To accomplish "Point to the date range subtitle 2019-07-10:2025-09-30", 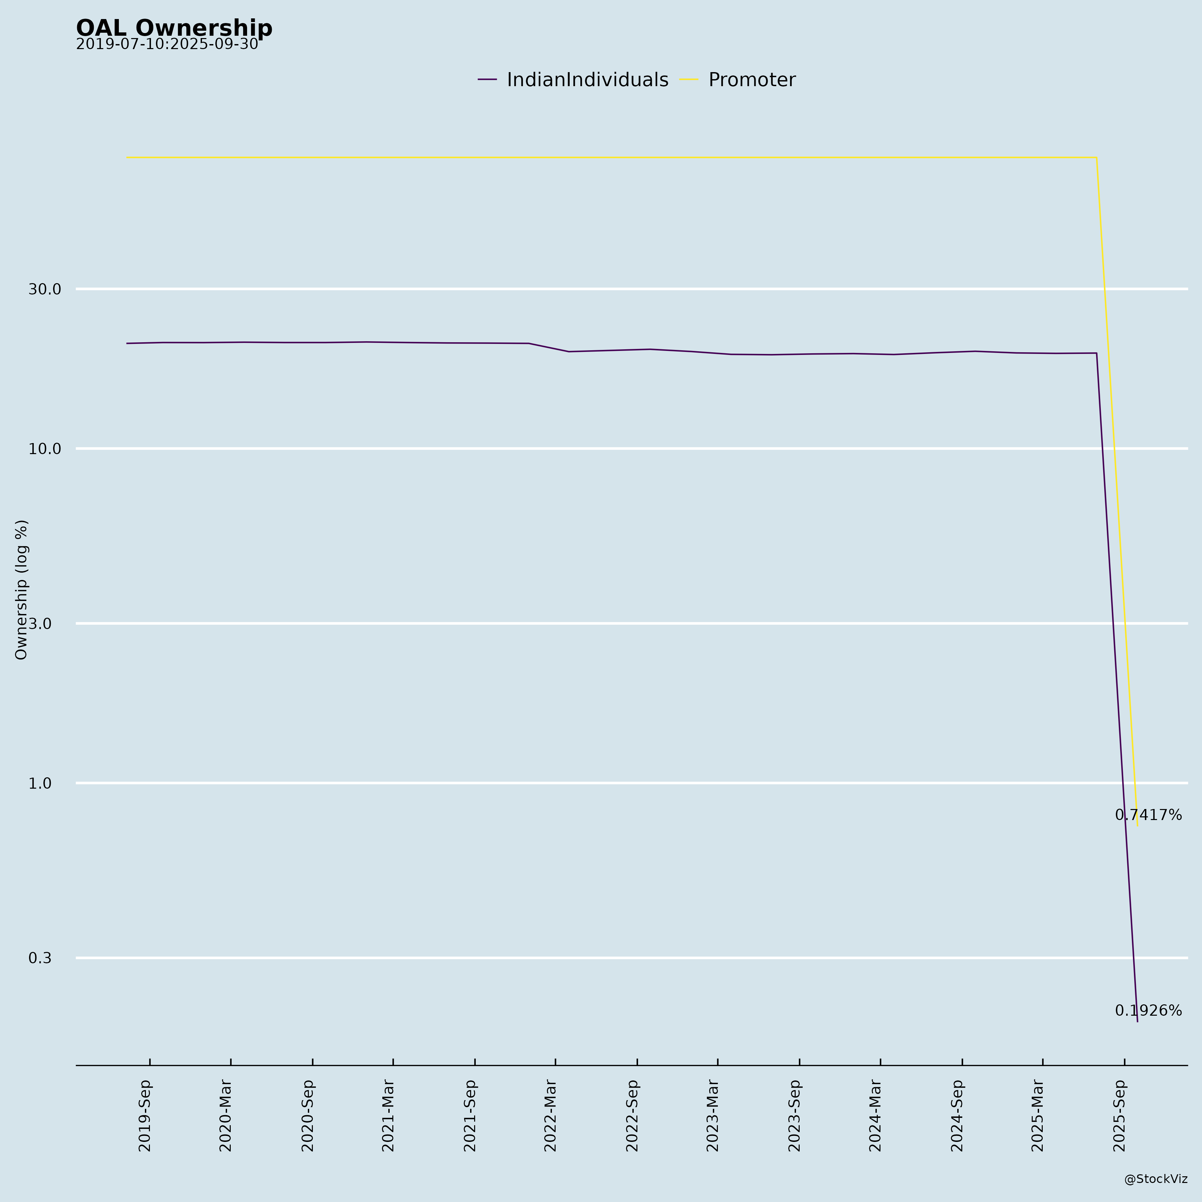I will (x=167, y=45).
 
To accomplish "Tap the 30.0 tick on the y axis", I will (x=45, y=289).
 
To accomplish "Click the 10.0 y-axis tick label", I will (x=45, y=448).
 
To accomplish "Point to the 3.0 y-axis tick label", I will (x=40, y=623).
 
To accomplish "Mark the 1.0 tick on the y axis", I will (x=40, y=783).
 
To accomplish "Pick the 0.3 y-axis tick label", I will (x=40, y=958).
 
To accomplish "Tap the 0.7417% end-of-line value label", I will (x=1148, y=815).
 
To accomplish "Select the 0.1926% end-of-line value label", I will (x=1148, y=1011).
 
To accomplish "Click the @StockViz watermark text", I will (x=1155, y=1179).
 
